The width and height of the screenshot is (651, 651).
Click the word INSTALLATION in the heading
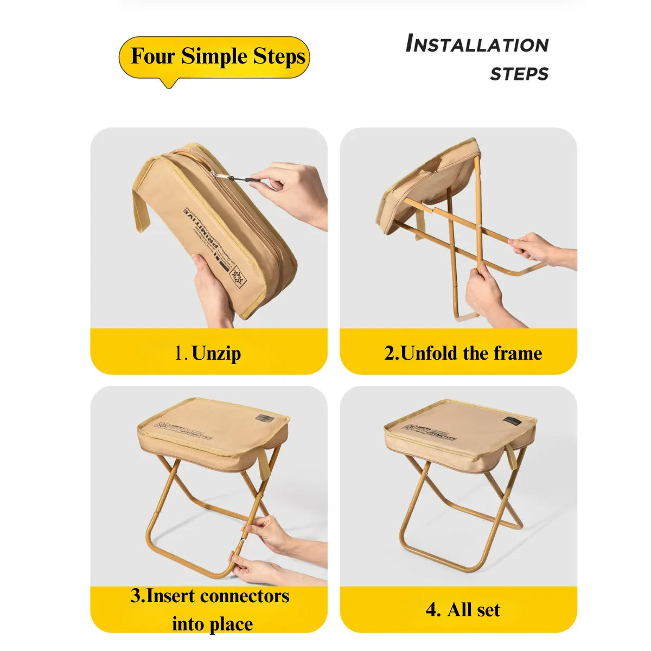tap(477, 44)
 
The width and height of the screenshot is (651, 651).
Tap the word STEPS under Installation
tap(519, 74)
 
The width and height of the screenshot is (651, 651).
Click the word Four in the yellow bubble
tap(153, 56)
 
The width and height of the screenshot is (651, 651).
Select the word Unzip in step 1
tap(216, 353)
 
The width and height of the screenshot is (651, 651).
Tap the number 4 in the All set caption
tap(433, 610)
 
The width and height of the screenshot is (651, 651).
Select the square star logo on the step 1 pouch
tap(238, 279)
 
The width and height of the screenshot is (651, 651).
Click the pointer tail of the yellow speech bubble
tap(170, 83)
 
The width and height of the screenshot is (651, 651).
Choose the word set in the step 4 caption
tap(487, 610)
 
